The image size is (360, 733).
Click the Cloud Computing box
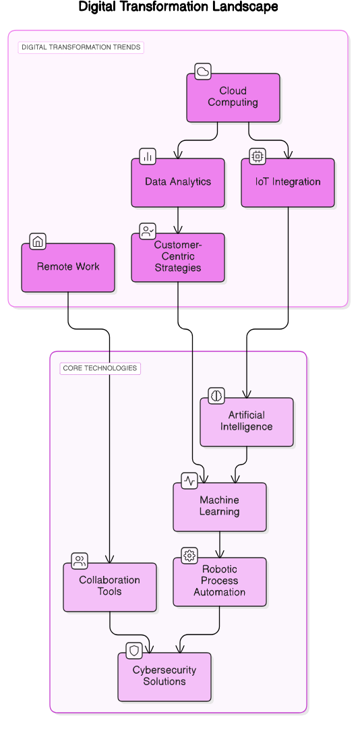(x=233, y=98)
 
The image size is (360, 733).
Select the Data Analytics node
(x=178, y=183)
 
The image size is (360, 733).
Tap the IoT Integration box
(x=288, y=183)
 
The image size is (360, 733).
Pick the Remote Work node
(x=68, y=268)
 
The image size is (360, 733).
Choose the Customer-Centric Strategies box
(x=178, y=258)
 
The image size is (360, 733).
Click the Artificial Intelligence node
(x=247, y=422)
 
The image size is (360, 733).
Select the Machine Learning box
(x=220, y=507)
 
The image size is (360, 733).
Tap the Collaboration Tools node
(x=110, y=587)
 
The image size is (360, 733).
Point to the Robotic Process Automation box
(x=220, y=582)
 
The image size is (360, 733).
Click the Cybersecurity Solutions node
(x=164, y=677)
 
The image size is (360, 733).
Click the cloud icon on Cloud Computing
(x=203, y=71)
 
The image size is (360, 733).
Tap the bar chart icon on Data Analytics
(x=148, y=156)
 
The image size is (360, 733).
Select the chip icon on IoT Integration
(x=258, y=156)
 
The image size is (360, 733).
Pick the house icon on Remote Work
(x=38, y=241)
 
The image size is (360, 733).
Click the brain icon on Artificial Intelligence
(x=216, y=396)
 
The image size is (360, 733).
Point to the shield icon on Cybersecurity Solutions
(x=135, y=651)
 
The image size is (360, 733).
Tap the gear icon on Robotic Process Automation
(x=189, y=556)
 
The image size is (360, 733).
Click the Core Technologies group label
(x=100, y=368)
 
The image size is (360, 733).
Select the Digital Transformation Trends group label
(x=81, y=48)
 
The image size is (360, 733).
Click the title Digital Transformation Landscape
(x=178, y=7)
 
